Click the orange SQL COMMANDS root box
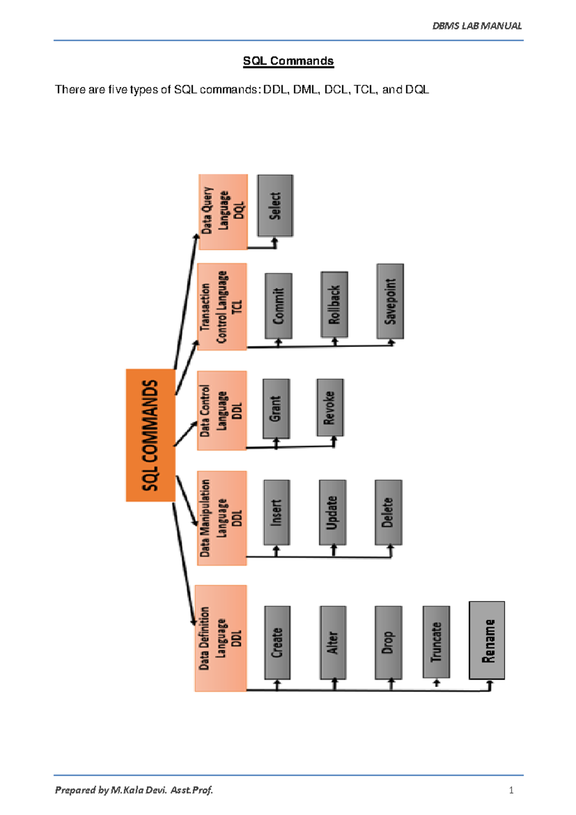pos(150,435)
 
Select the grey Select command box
pos(275,205)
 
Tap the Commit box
pos(278,306)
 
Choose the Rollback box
pos(334,304)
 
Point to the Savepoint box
pos(390,301)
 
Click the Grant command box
pos(276,408)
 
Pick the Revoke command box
pos(330,407)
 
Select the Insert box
pos(276,512)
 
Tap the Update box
pos(332,512)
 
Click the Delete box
pos(388,512)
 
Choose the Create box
pos(277,642)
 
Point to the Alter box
pos(333,642)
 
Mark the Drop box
pos(388,642)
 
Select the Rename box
pos(487,640)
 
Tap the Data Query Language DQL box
pos(223,212)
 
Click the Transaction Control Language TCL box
pos(222,307)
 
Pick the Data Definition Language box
pos(221,638)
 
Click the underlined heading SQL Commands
pos(288,61)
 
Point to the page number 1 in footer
pos(511,790)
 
